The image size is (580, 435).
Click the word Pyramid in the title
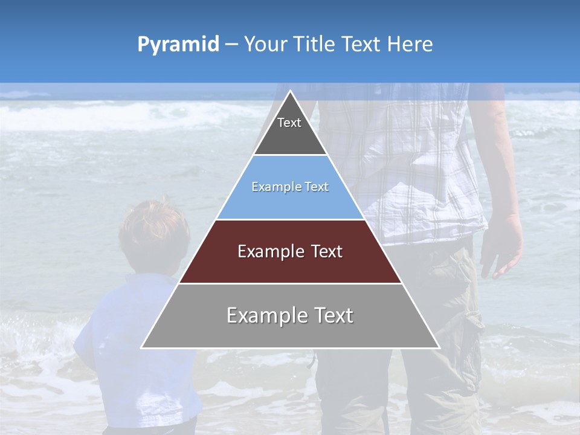click(178, 45)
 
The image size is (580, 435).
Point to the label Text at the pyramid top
click(289, 123)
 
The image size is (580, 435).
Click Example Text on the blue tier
click(290, 187)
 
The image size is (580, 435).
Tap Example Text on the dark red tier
click(290, 251)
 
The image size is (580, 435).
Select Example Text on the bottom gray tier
click(290, 315)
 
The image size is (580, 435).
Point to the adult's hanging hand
click(501, 248)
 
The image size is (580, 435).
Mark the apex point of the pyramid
click(290, 92)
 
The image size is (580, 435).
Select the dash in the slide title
click(231, 45)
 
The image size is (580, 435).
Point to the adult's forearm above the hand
click(501, 181)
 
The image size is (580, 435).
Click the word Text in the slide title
click(361, 44)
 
